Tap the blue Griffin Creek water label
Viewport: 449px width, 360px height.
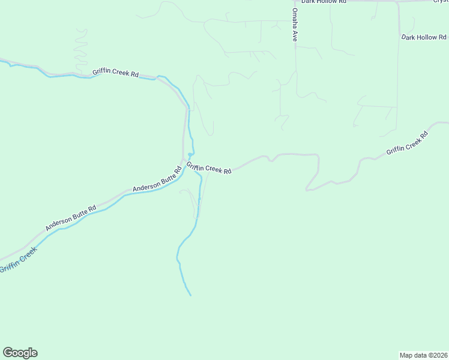coord(19,259)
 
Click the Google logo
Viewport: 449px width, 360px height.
coord(20,353)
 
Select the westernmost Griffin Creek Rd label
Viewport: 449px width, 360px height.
coord(116,73)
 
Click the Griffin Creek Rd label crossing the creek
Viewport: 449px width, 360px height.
coord(209,168)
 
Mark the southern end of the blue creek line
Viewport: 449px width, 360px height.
coord(190,295)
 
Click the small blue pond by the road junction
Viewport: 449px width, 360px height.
coord(190,155)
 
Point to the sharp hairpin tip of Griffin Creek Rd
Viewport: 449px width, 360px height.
coord(307,190)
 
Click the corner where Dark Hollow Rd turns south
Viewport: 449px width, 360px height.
coord(397,3)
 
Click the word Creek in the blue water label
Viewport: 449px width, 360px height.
coord(26,254)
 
